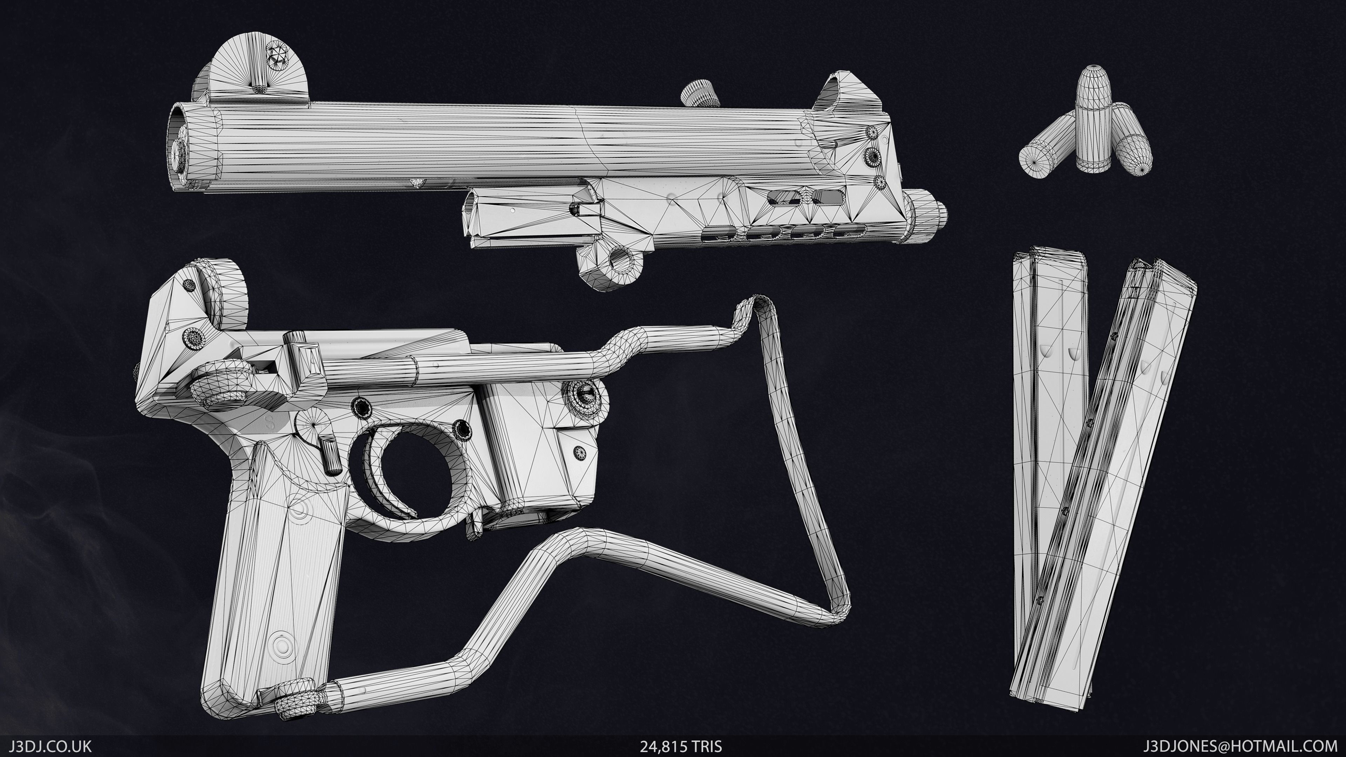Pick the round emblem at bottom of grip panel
[x=282, y=648]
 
